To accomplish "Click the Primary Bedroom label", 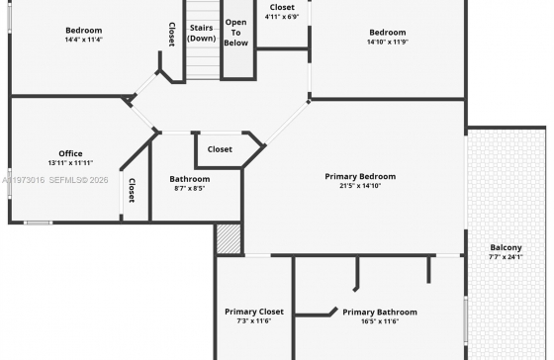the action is point(360,176).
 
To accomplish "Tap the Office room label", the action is point(70,153).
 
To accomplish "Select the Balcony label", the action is point(506,247).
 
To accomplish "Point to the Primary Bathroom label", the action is point(380,312).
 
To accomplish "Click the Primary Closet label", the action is point(254,312).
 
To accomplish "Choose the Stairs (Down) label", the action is point(202,33).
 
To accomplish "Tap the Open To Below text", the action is point(236,33).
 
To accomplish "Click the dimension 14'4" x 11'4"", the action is point(84,40).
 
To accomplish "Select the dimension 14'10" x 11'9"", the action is point(388,42).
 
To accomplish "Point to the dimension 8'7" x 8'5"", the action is point(190,188).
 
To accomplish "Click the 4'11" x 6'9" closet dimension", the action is point(282,17).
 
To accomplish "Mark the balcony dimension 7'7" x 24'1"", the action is point(506,257).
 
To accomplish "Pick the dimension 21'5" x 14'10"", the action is point(360,186).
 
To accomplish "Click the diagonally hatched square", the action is point(229,238).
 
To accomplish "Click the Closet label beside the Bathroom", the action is point(220,149).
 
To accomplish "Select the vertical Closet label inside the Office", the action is point(132,191).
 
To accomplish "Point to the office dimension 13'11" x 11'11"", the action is point(70,163).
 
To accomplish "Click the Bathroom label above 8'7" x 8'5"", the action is point(190,179).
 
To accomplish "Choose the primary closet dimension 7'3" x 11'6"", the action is point(254,321).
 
